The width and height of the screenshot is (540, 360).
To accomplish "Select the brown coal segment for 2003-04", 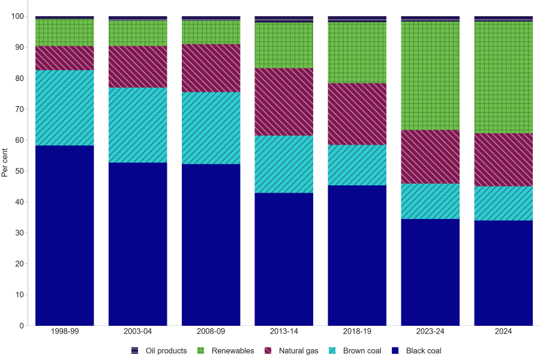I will pyautogui.click(x=138, y=125).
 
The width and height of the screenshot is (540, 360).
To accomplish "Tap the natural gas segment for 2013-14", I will pyautogui.click(x=284, y=101).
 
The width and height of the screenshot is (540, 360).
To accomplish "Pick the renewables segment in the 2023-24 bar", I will pyautogui.click(x=430, y=76).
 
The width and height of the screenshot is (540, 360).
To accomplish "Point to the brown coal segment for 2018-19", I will pyautogui.click(x=357, y=165).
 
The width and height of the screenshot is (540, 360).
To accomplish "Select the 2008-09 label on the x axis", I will pyautogui.click(x=211, y=331).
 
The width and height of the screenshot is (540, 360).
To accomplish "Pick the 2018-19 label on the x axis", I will pyautogui.click(x=357, y=331).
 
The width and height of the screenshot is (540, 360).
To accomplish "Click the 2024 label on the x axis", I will pyautogui.click(x=503, y=331).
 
